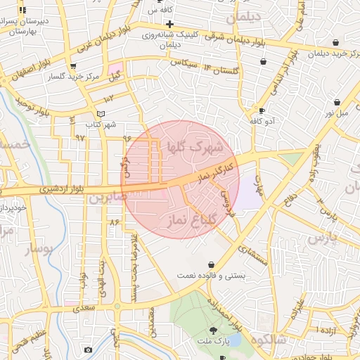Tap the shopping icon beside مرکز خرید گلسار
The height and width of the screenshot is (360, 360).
[89, 75]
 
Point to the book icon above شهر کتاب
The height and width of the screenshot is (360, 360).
[102, 114]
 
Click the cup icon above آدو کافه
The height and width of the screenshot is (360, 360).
[262, 110]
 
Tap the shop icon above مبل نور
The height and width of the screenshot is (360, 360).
[337, 103]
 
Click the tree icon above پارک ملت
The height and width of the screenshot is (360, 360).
[213, 330]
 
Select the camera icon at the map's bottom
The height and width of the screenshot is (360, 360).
[88, 349]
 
